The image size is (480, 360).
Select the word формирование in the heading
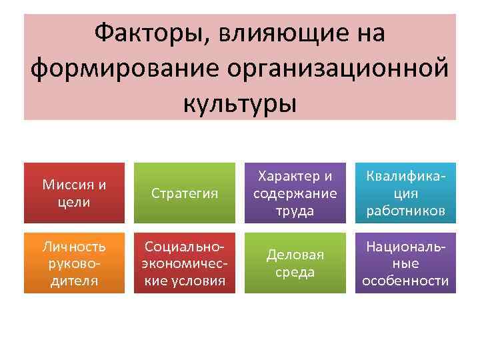[x=119, y=68]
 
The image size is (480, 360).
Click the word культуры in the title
[x=239, y=103]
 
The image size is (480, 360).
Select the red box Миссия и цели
[x=74, y=193]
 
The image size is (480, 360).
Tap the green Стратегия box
[x=185, y=193]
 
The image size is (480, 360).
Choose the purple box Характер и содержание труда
[x=295, y=193]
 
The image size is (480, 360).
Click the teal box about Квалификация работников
[x=405, y=193]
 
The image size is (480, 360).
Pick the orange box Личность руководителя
[x=74, y=263]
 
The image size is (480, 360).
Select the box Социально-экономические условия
[x=185, y=263]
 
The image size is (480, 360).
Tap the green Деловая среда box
[x=295, y=263]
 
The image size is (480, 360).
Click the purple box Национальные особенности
[x=405, y=263]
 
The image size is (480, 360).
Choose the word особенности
[x=405, y=281]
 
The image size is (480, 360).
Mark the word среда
[x=295, y=272]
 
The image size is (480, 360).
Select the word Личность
[x=74, y=246]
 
